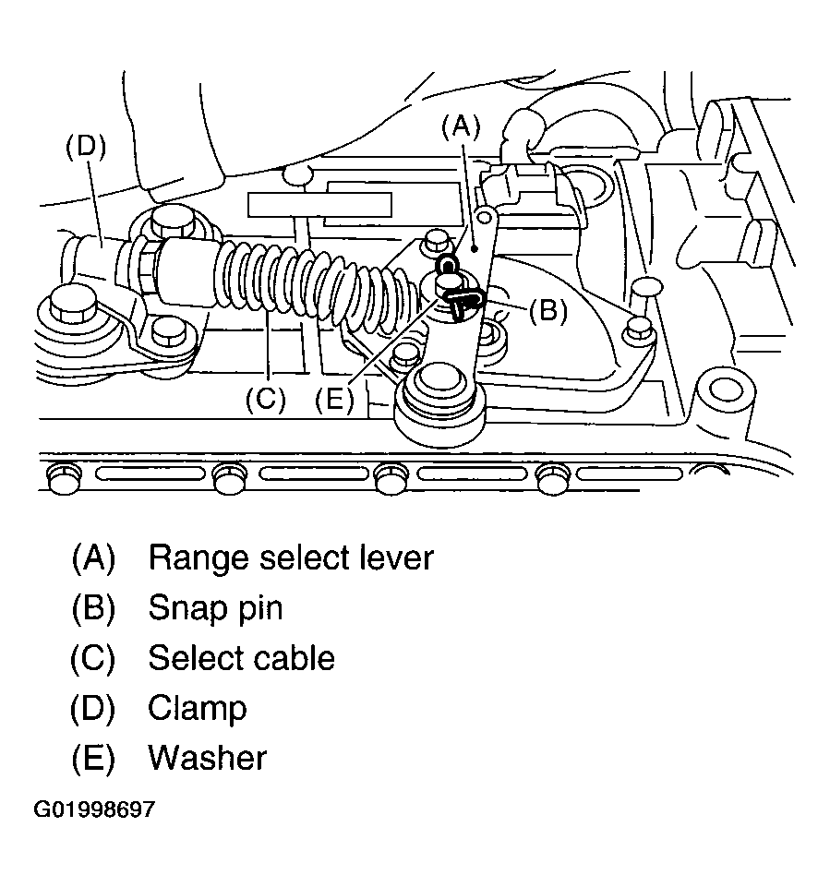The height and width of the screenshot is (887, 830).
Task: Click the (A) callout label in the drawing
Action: [461, 128]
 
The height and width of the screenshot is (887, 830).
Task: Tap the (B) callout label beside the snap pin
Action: [547, 310]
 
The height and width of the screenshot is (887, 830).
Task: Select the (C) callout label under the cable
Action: [266, 400]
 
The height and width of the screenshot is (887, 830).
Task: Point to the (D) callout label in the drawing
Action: [86, 147]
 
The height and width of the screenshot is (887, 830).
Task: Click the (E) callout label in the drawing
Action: [334, 400]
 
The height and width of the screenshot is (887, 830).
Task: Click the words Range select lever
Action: [291, 557]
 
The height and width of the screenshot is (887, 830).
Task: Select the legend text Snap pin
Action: [215, 608]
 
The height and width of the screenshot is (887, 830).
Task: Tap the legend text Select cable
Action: [242, 658]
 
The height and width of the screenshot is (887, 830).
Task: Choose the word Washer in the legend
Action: [207, 758]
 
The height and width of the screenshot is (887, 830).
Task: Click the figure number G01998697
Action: [94, 809]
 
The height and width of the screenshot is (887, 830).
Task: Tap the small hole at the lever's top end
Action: [484, 216]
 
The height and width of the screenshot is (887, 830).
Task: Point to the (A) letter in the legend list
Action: [93, 557]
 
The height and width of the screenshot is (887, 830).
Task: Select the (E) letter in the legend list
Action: [93, 758]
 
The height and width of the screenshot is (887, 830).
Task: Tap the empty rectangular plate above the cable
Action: [319, 205]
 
